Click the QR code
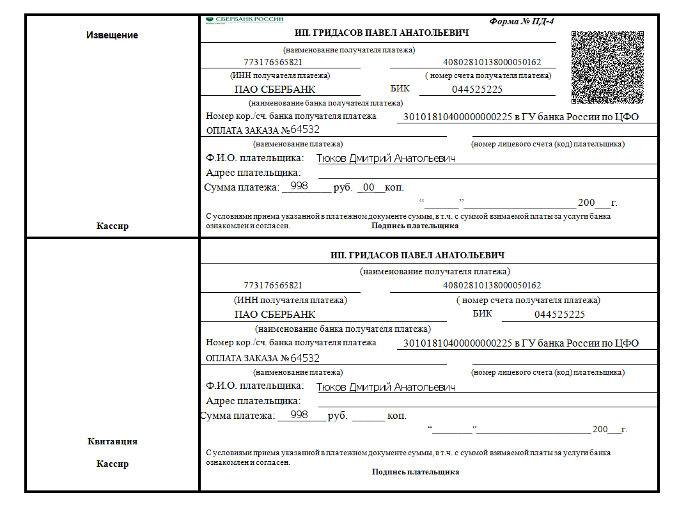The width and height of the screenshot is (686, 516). point(607,67)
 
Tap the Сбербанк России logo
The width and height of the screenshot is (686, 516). point(244,20)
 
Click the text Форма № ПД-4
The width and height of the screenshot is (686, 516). point(522,21)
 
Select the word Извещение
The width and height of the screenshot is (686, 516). point(112,35)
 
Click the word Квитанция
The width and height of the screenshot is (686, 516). point(112,441)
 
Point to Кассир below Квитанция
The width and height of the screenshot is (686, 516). point(112,464)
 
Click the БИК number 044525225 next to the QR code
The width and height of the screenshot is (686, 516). point(477,90)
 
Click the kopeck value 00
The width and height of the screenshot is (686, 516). point(369,187)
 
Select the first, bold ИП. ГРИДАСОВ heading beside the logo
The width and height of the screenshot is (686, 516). point(382,33)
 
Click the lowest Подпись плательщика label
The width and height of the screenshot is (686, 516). point(416,472)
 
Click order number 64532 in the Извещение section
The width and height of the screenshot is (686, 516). point(305,130)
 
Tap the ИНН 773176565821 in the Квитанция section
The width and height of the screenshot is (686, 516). point(273,285)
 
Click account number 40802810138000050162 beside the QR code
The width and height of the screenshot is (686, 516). point(492,63)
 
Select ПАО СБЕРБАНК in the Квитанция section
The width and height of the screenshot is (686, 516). point(275,315)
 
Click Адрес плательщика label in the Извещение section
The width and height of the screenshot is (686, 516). point(253,173)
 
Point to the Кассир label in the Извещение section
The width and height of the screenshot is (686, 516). point(112,226)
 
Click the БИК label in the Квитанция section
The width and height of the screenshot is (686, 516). point(483,313)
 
